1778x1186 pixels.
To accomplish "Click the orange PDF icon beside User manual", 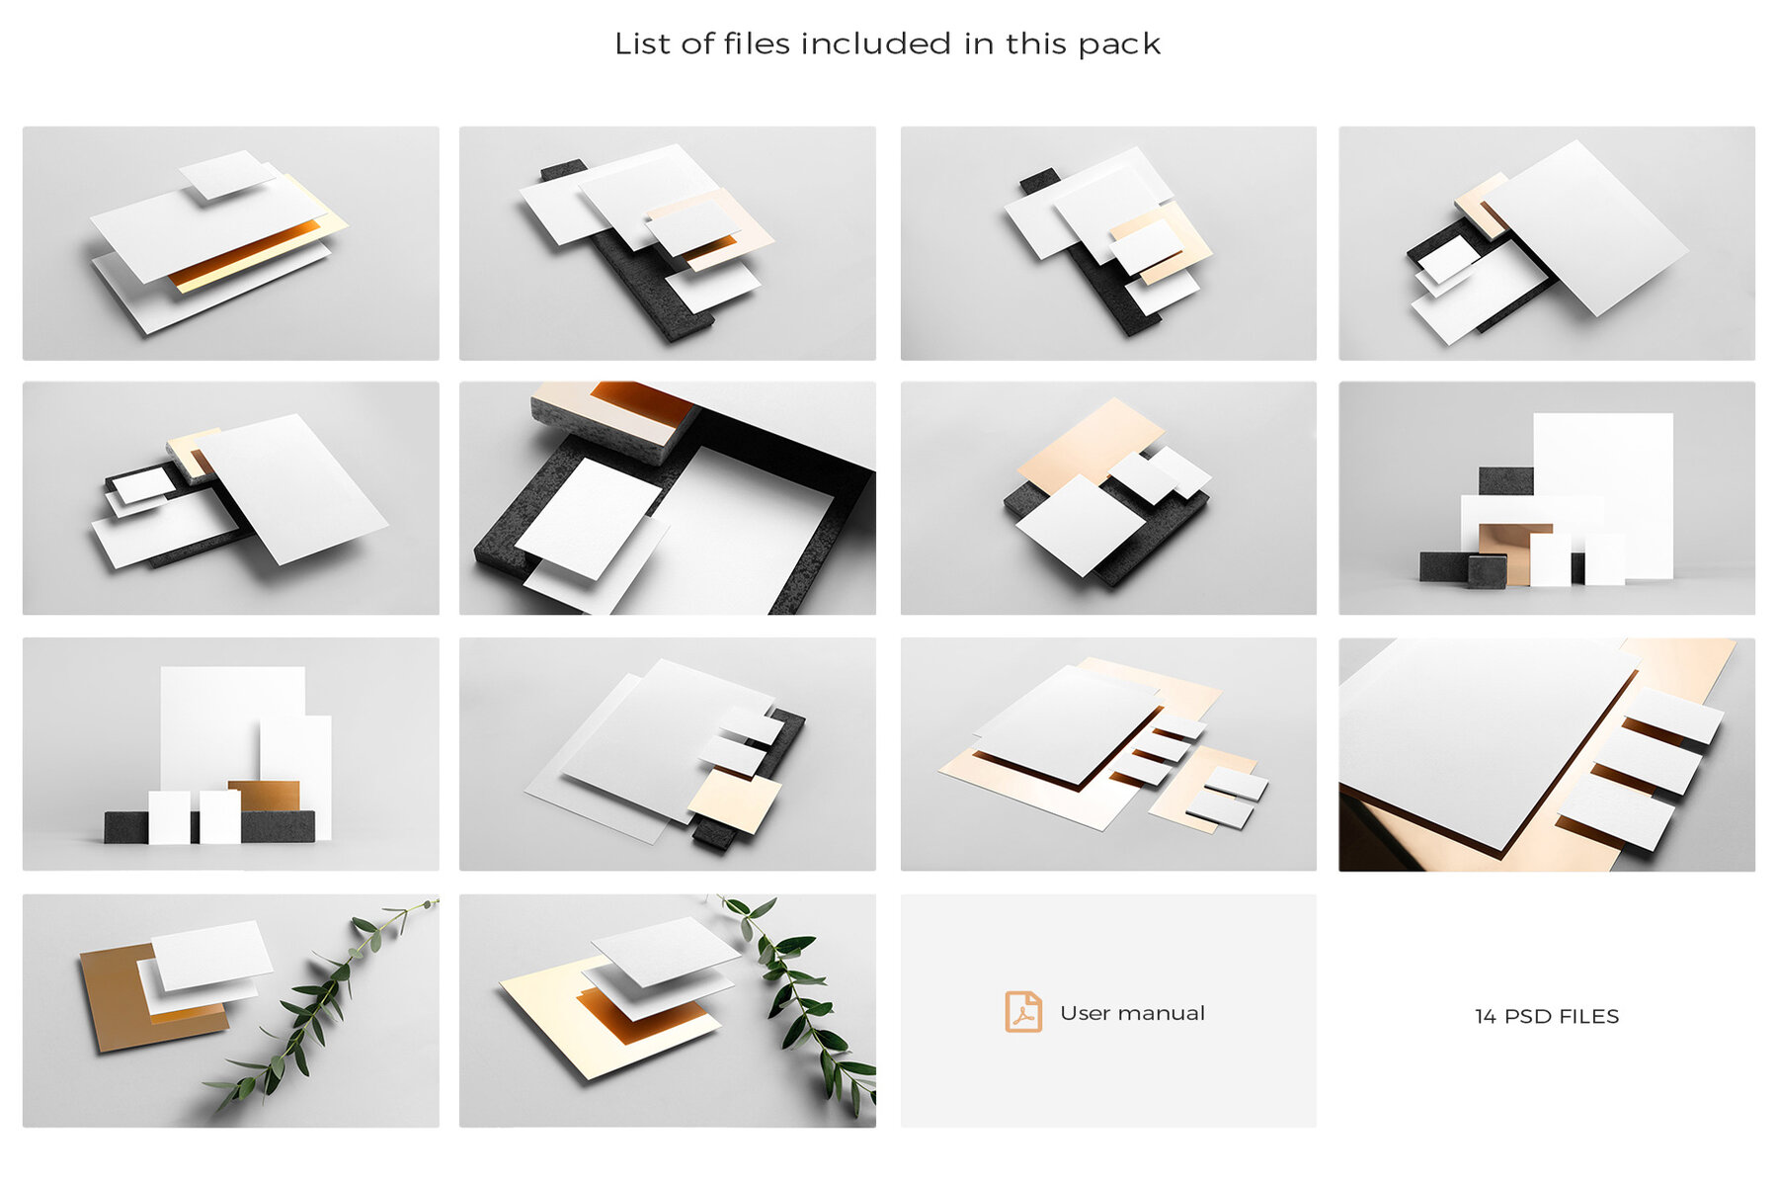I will [x=1022, y=1012].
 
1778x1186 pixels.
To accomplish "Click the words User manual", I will [x=1132, y=1013].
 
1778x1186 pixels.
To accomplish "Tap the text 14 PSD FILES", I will [x=1546, y=1016].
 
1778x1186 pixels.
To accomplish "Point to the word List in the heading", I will [x=637, y=43].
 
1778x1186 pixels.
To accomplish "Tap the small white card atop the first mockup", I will [x=227, y=174].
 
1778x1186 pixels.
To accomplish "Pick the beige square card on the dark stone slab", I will [x=733, y=799].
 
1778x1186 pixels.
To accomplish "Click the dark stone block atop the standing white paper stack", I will [x=1504, y=480].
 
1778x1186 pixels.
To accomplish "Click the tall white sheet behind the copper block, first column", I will [x=232, y=721].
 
